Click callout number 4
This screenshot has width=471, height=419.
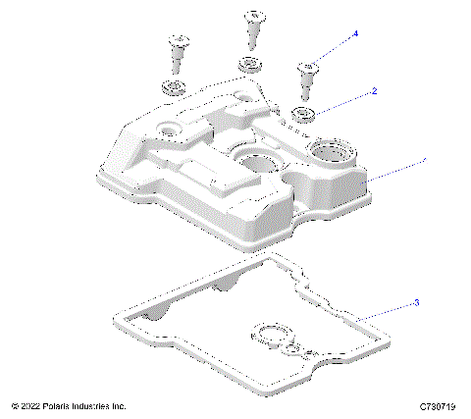(355, 34)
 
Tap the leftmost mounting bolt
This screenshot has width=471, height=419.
(179, 50)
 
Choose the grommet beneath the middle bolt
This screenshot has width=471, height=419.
(248, 66)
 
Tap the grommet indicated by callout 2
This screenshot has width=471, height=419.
(304, 113)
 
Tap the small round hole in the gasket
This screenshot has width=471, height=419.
(290, 349)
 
